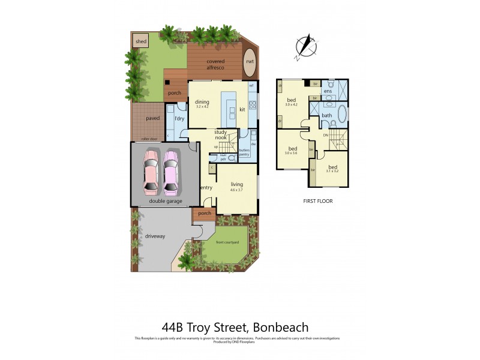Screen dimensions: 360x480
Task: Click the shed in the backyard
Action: pos(141,41)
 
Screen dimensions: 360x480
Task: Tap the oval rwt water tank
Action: pos(249,62)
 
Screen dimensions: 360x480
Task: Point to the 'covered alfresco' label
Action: pos(215,65)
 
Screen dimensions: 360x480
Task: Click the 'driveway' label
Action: pos(155,236)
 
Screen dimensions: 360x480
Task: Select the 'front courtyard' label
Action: pos(228,242)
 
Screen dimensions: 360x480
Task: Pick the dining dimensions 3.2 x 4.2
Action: pos(202,107)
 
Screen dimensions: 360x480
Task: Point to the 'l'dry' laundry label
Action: pos(179,119)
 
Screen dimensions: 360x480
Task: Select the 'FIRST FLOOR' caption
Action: pos(318,201)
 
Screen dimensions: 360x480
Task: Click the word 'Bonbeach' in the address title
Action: pos(281,328)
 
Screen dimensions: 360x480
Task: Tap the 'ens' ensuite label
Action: pos(328,91)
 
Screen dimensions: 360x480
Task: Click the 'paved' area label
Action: pos(152,118)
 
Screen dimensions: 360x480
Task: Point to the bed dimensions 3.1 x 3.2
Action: pos(332,171)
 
